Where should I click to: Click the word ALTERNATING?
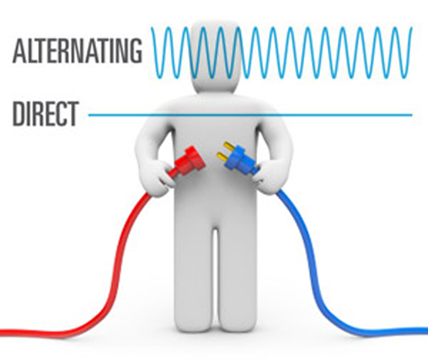[x=78, y=51]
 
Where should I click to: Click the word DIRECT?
[x=45, y=114]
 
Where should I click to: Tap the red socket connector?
[x=188, y=162]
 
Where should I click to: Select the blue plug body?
[x=241, y=159]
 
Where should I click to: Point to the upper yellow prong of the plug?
[x=229, y=147]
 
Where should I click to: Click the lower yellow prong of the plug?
[x=222, y=157]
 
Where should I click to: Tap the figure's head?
[x=216, y=56]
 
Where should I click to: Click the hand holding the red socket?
[x=157, y=176]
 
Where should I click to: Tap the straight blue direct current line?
[x=250, y=115]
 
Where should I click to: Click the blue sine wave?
[x=281, y=52]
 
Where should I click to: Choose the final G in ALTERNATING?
[x=135, y=51]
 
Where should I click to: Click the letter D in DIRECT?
[x=19, y=114]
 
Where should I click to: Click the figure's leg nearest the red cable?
[x=193, y=277]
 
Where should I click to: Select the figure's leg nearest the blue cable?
[x=238, y=277]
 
